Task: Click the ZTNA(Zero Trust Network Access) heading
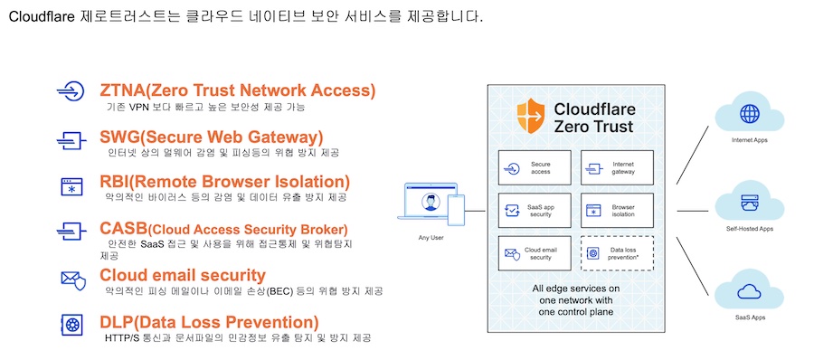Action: [x=237, y=90]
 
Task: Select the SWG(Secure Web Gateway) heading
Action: [x=212, y=137]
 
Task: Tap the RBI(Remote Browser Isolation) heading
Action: [x=224, y=182]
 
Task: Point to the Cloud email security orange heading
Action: [x=182, y=275]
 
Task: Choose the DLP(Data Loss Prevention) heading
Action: [x=209, y=323]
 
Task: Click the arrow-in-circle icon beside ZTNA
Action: [x=70, y=91]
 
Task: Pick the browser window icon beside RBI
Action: [x=72, y=186]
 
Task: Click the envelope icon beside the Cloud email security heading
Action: [x=72, y=280]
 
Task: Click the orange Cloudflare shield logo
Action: [x=531, y=115]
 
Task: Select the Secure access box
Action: [x=535, y=168]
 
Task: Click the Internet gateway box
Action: [x=617, y=168]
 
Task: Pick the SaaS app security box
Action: [x=535, y=211]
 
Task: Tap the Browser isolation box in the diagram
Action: [x=617, y=211]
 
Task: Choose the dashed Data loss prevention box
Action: [x=617, y=253]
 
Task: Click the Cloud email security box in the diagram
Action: [x=535, y=253]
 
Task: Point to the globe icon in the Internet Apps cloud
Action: [x=749, y=112]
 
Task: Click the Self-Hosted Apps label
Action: [x=749, y=229]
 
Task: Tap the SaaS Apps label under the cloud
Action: [x=749, y=317]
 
